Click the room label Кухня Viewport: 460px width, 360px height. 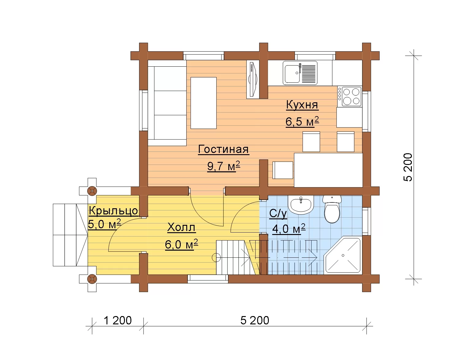point(302,105)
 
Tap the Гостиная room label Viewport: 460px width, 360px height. point(223,149)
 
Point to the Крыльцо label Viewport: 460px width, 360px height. point(114,211)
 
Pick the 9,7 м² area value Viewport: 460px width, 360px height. point(224,166)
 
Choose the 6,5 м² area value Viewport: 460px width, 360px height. point(302,121)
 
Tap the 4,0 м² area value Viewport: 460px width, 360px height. point(289,229)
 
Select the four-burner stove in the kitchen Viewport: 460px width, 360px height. point(350,96)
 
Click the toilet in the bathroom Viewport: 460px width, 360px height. point(332,209)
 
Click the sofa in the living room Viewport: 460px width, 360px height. point(167,103)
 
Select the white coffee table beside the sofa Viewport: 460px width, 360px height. point(203,103)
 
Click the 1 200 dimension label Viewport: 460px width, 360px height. point(118,320)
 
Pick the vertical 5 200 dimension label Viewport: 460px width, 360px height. point(408,167)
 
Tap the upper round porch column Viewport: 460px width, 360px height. point(92,191)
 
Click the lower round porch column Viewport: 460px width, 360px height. point(92,279)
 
